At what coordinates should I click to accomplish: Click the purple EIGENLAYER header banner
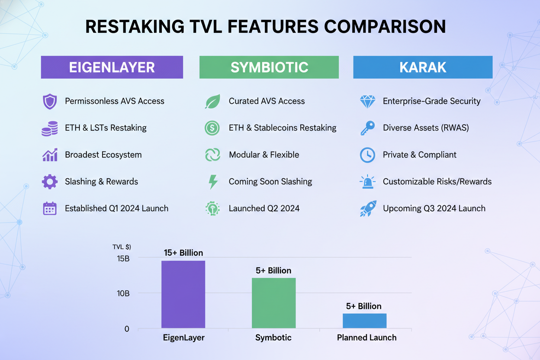(x=112, y=67)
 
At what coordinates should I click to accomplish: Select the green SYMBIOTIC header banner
(x=269, y=67)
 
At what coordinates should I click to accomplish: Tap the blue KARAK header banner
(x=423, y=67)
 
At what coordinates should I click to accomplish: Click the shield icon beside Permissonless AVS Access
(x=50, y=101)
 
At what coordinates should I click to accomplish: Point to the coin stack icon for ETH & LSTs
(x=50, y=129)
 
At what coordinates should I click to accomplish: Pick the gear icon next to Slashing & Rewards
(x=50, y=182)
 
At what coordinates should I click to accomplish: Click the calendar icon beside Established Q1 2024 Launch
(x=50, y=209)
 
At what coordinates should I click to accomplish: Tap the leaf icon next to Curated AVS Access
(x=212, y=101)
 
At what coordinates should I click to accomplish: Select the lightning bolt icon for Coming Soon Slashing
(x=212, y=182)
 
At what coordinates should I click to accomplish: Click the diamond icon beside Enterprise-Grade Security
(x=367, y=101)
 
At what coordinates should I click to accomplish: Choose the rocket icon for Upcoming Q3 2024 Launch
(x=368, y=209)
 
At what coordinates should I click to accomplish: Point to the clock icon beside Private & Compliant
(x=367, y=155)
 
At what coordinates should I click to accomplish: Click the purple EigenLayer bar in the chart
(x=183, y=294)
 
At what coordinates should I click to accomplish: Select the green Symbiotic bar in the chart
(x=273, y=303)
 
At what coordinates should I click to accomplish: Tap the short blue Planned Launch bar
(x=364, y=321)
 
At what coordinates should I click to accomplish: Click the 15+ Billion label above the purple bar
(x=183, y=253)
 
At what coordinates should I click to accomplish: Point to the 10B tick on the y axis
(x=123, y=293)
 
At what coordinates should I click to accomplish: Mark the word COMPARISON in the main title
(x=385, y=27)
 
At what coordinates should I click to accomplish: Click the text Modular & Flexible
(x=264, y=155)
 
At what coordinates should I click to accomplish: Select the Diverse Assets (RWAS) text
(x=426, y=128)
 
